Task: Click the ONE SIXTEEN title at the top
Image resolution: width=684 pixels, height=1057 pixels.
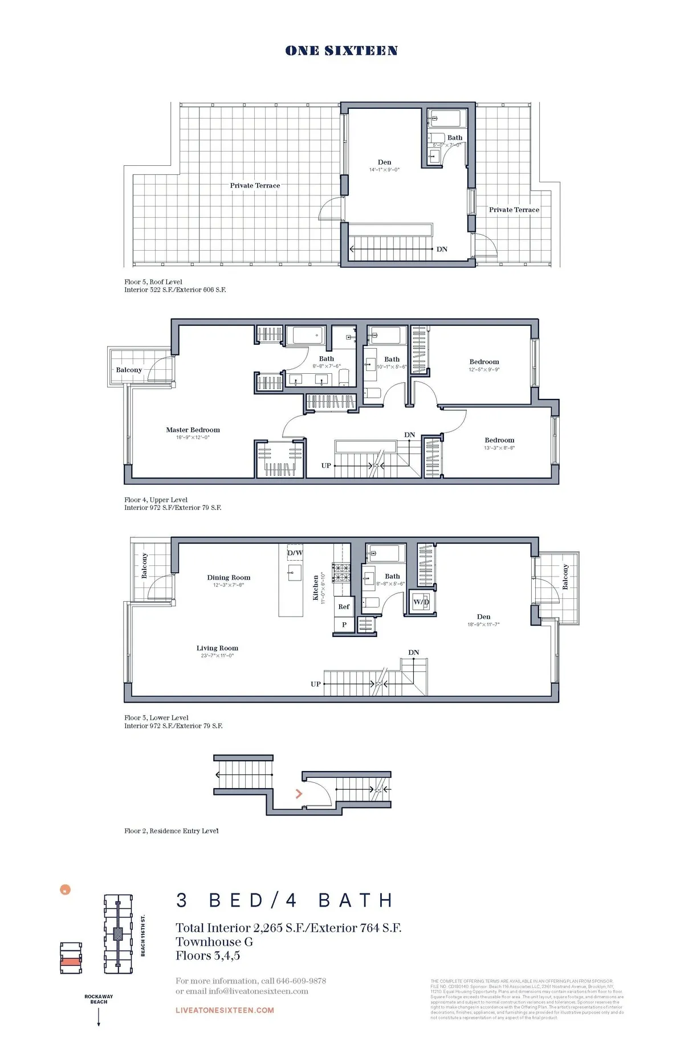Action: click(341, 51)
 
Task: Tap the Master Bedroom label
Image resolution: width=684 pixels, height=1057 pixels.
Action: click(193, 430)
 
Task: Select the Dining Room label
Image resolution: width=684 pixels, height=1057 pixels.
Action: click(229, 578)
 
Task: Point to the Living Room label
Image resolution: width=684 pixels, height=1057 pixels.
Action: click(217, 648)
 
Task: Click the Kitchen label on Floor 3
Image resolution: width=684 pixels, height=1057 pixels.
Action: click(316, 587)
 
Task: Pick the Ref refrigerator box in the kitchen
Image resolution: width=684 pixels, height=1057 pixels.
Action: click(344, 607)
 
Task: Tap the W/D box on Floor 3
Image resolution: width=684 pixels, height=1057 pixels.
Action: click(421, 602)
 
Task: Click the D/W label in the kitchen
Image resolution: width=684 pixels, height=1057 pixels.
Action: click(295, 553)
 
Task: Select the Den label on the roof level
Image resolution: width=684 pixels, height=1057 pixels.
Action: click(385, 162)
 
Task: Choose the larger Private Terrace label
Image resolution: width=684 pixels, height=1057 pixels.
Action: click(255, 186)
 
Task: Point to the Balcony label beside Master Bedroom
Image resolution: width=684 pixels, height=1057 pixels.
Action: click(129, 370)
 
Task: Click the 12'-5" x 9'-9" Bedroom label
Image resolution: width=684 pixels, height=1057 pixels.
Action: click(484, 362)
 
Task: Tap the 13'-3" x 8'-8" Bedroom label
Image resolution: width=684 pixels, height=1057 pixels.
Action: click(499, 440)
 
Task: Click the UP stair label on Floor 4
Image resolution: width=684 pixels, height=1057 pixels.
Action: click(326, 466)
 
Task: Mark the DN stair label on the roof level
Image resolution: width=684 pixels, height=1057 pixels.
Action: click(442, 250)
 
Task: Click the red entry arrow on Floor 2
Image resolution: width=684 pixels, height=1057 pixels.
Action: click(299, 794)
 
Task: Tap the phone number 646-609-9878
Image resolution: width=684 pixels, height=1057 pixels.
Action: click(301, 981)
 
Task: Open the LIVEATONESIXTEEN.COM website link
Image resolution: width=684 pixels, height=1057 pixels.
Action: click(225, 1010)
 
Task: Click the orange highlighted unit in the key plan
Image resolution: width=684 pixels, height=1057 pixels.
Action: click(71, 961)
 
